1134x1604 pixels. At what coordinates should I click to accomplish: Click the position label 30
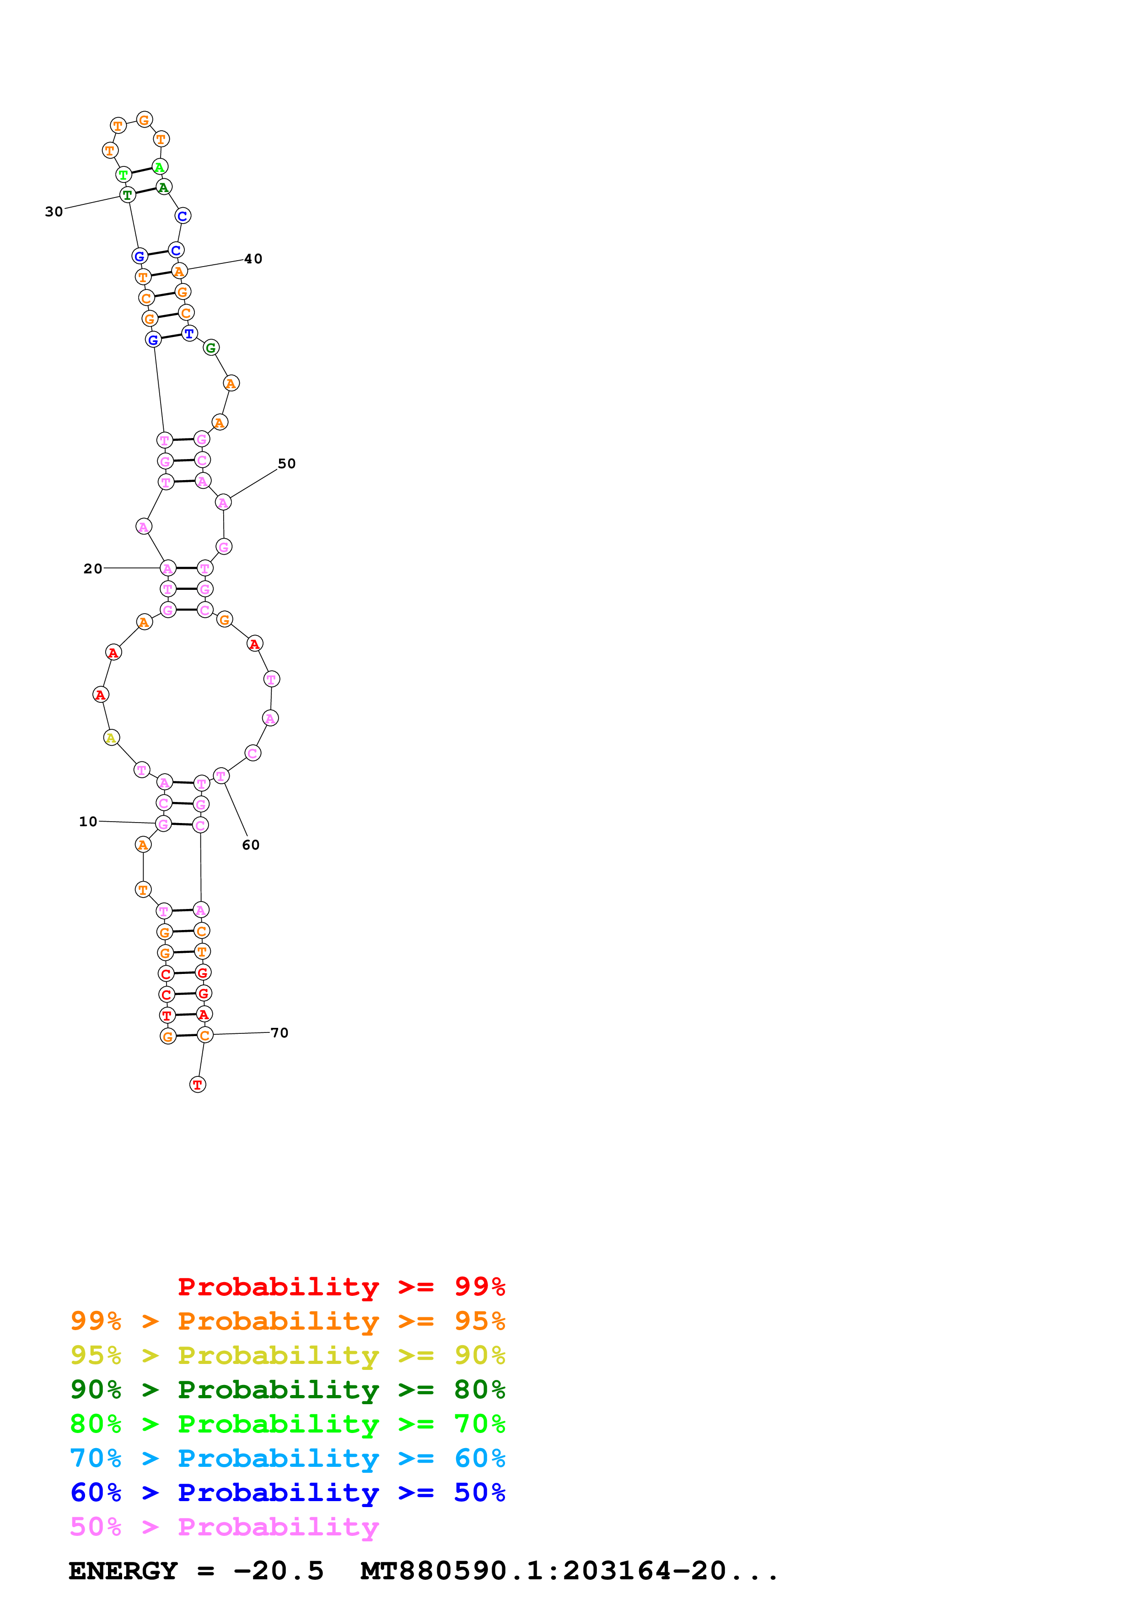(54, 212)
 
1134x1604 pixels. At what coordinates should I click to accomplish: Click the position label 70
(279, 1032)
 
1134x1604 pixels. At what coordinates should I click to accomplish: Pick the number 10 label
(88, 822)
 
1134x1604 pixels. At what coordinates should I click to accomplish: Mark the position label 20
(93, 569)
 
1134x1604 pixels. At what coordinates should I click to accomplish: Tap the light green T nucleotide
(124, 175)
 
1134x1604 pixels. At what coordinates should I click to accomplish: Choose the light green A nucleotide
(159, 167)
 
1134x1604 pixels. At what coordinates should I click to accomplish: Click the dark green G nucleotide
(211, 348)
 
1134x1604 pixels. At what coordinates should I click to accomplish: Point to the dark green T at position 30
(127, 195)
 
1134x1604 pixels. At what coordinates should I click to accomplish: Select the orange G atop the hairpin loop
(144, 120)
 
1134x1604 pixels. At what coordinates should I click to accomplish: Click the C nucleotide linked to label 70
(204, 1035)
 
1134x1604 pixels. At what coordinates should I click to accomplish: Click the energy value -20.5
(278, 1571)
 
